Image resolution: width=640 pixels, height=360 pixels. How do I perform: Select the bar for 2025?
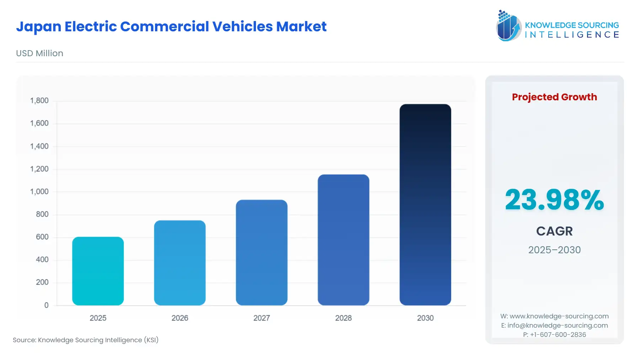(x=98, y=271)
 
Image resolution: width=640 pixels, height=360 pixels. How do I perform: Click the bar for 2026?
(x=180, y=263)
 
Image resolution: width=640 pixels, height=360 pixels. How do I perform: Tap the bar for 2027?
(x=261, y=253)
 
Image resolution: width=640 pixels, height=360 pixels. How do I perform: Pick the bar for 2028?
(x=343, y=240)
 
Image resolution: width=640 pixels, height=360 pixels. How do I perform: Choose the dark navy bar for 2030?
(x=425, y=205)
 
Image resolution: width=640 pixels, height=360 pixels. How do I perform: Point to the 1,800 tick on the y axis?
(x=39, y=101)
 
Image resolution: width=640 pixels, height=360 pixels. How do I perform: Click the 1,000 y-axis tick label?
(x=39, y=192)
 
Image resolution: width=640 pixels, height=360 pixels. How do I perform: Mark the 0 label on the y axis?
(x=46, y=305)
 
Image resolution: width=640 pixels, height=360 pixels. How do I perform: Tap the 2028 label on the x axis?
(x=343, y=318)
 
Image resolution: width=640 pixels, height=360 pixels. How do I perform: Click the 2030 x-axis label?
(x=425, y=318)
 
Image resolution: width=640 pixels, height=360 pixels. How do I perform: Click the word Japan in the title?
(x=38, y=27)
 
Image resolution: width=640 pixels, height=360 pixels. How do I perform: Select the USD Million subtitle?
(x=39, y=53)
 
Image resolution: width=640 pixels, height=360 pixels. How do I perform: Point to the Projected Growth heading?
(x=554, y=97)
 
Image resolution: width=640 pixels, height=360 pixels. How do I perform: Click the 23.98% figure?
(x=554, y=200)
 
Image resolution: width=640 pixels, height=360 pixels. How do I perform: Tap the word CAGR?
(x=554, y=231)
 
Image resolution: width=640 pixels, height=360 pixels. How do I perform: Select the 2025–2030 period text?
(x=554, y=250)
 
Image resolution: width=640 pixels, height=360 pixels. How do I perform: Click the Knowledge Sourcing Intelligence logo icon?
(x=508, y=26)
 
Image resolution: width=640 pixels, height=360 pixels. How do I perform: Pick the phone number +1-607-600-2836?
(x=558, y=335)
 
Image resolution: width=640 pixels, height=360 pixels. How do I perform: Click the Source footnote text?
(x=86, y=340)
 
